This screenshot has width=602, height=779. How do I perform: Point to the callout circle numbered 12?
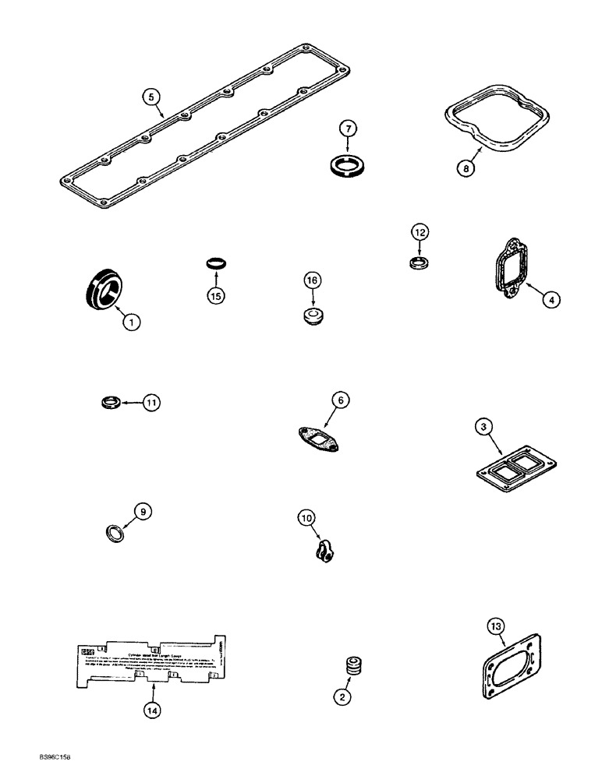pos(420,232)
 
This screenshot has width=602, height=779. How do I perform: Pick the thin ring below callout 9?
pos(115,534)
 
